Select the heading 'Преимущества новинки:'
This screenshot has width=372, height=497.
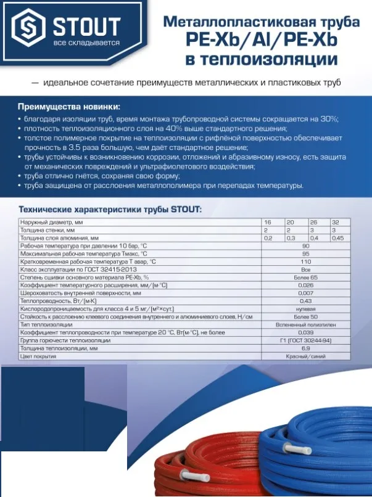(68, 105)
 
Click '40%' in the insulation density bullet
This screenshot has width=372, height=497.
(197, 128)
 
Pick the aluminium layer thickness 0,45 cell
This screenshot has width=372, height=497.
(337, 237)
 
